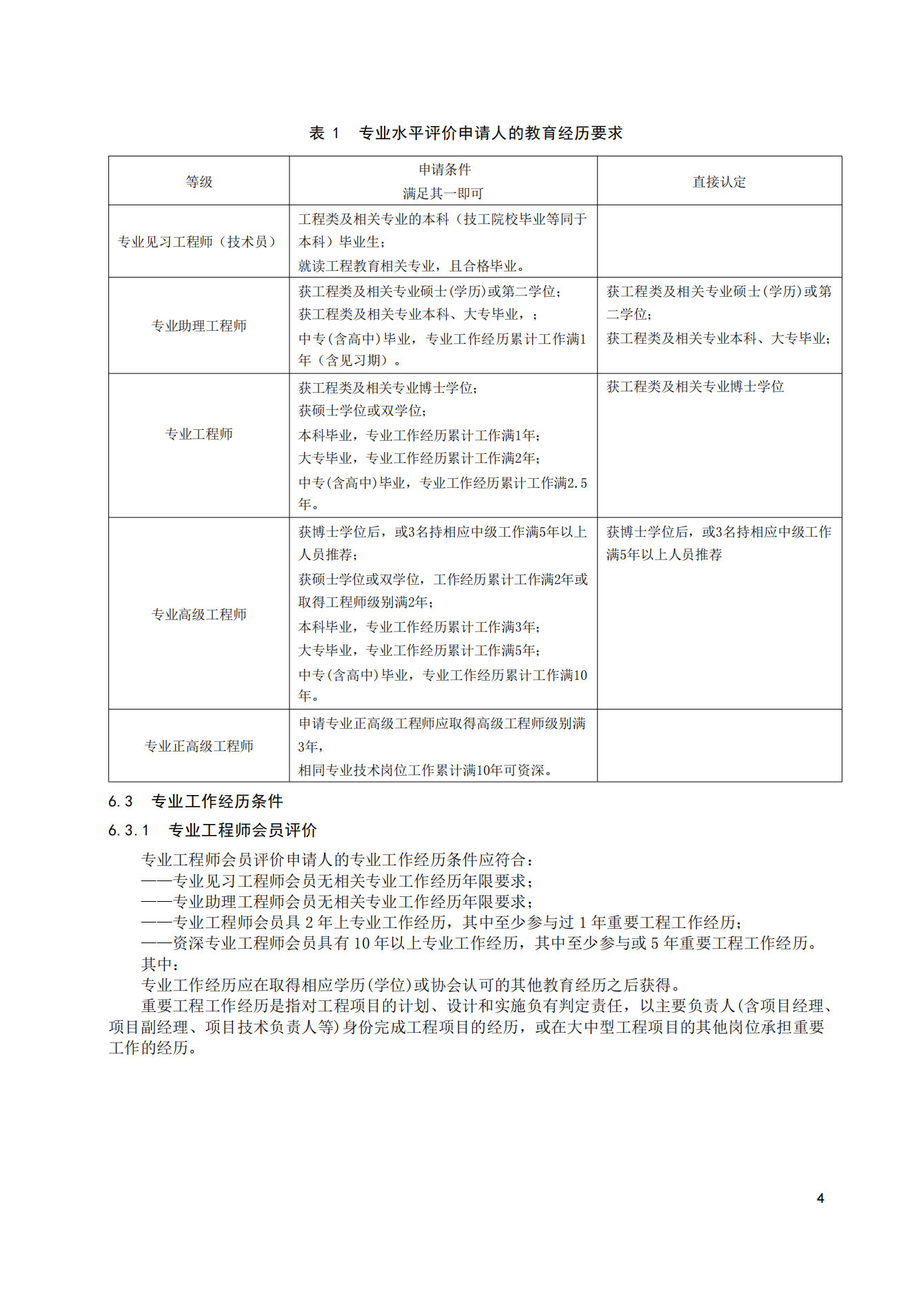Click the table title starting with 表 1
465,133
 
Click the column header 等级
199,182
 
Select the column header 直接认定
719,182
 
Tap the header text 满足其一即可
443,194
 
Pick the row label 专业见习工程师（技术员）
199,242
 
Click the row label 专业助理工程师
199,326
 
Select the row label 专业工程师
199,434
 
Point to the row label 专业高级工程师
199,615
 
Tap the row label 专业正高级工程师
199,746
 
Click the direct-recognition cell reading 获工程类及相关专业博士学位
695,386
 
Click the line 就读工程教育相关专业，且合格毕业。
412,266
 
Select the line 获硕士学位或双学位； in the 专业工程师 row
363,411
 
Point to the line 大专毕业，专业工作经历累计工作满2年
419,458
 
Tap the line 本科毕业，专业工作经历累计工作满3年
419,627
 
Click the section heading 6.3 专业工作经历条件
196,801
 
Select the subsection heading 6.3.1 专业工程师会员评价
212,830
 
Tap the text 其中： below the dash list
161,964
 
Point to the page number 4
820,1198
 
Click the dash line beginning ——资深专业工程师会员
480,943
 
